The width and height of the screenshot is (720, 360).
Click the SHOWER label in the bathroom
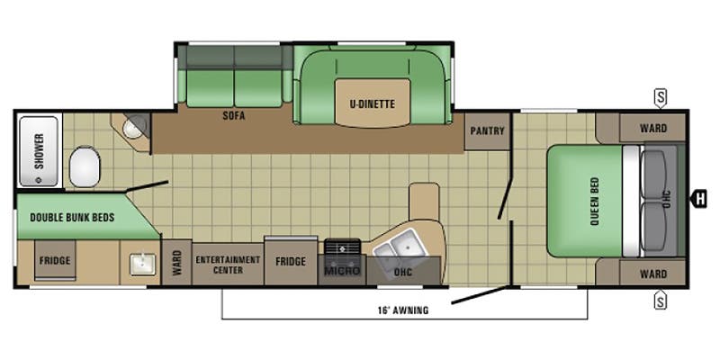pyautogui.click(x=39, y=152)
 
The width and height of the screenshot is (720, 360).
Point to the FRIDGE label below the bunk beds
pyautogui.click(x=54, y=261)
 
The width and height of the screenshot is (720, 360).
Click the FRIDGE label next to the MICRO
pyautogui.click(x=291, y=262)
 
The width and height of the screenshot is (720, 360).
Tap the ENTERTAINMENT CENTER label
pyautogui.click(x=228, y=264)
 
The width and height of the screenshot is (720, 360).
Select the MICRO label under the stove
pyautogui.click(x=342, y=269)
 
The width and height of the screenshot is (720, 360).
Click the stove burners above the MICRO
pyautogui.click(x=342, y=246)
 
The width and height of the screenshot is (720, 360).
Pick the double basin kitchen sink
pyautogui.click(x=397, y=246)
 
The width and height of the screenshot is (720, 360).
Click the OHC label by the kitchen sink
pyautogui.click(x=402, y=270)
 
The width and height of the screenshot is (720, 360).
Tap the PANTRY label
pyautogui.click(x=487, y=130)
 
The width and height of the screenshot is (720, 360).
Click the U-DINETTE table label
pyautogui.click(x=373, y=103)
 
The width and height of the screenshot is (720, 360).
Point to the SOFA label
pyautogui.click(x=235, y=116)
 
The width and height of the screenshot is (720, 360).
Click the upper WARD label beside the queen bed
pyautogui.click(x=653, y=128)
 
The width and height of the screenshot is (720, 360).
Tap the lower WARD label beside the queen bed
pyautogui.click(x=653, y=274)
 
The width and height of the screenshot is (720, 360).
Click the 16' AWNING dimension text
pyautogui.click(x=402, y=310)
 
